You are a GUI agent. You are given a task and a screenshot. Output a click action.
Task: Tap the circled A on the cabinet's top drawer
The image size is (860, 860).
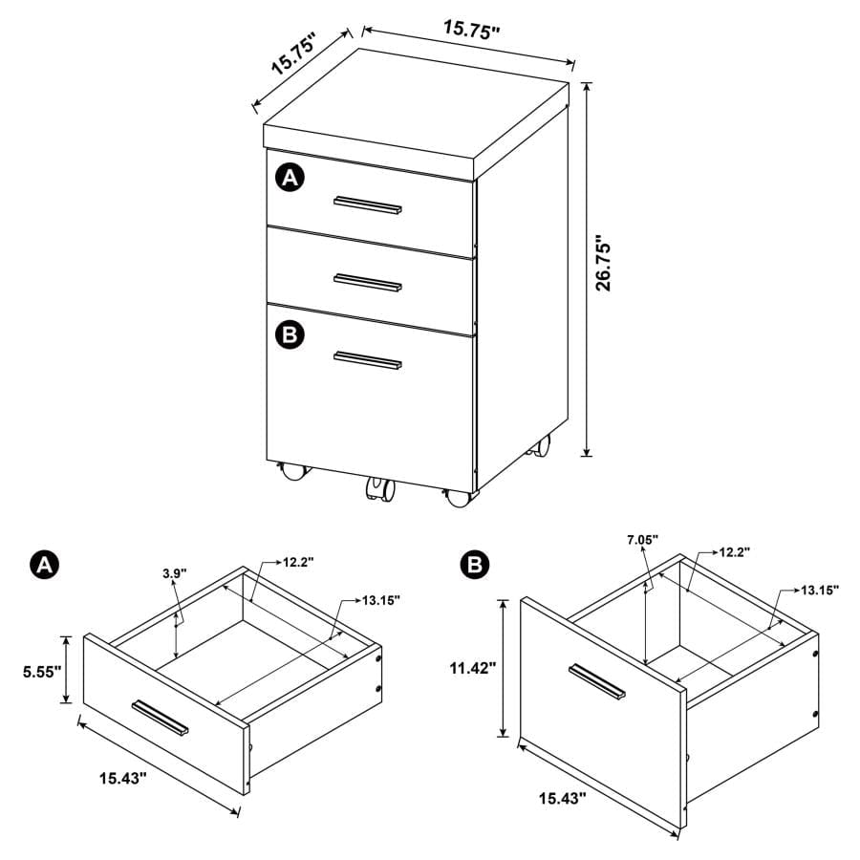(x=290, y=178)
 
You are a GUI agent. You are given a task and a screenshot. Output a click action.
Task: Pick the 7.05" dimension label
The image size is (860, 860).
(x=642, y=541)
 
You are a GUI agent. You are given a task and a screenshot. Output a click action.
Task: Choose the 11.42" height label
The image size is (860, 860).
(x=471, y=669)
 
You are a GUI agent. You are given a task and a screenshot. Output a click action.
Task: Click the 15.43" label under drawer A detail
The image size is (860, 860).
(x=121, y=779)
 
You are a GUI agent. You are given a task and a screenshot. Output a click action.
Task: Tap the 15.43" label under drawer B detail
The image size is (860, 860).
(x=563, y=797)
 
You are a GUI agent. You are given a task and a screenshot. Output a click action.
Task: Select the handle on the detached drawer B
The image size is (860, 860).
(x=596, y=681)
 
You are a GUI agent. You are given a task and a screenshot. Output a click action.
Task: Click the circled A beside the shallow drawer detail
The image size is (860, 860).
(x=42, y=565)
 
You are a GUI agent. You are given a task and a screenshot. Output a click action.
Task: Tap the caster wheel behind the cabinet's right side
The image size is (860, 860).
(x=542, y=445)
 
